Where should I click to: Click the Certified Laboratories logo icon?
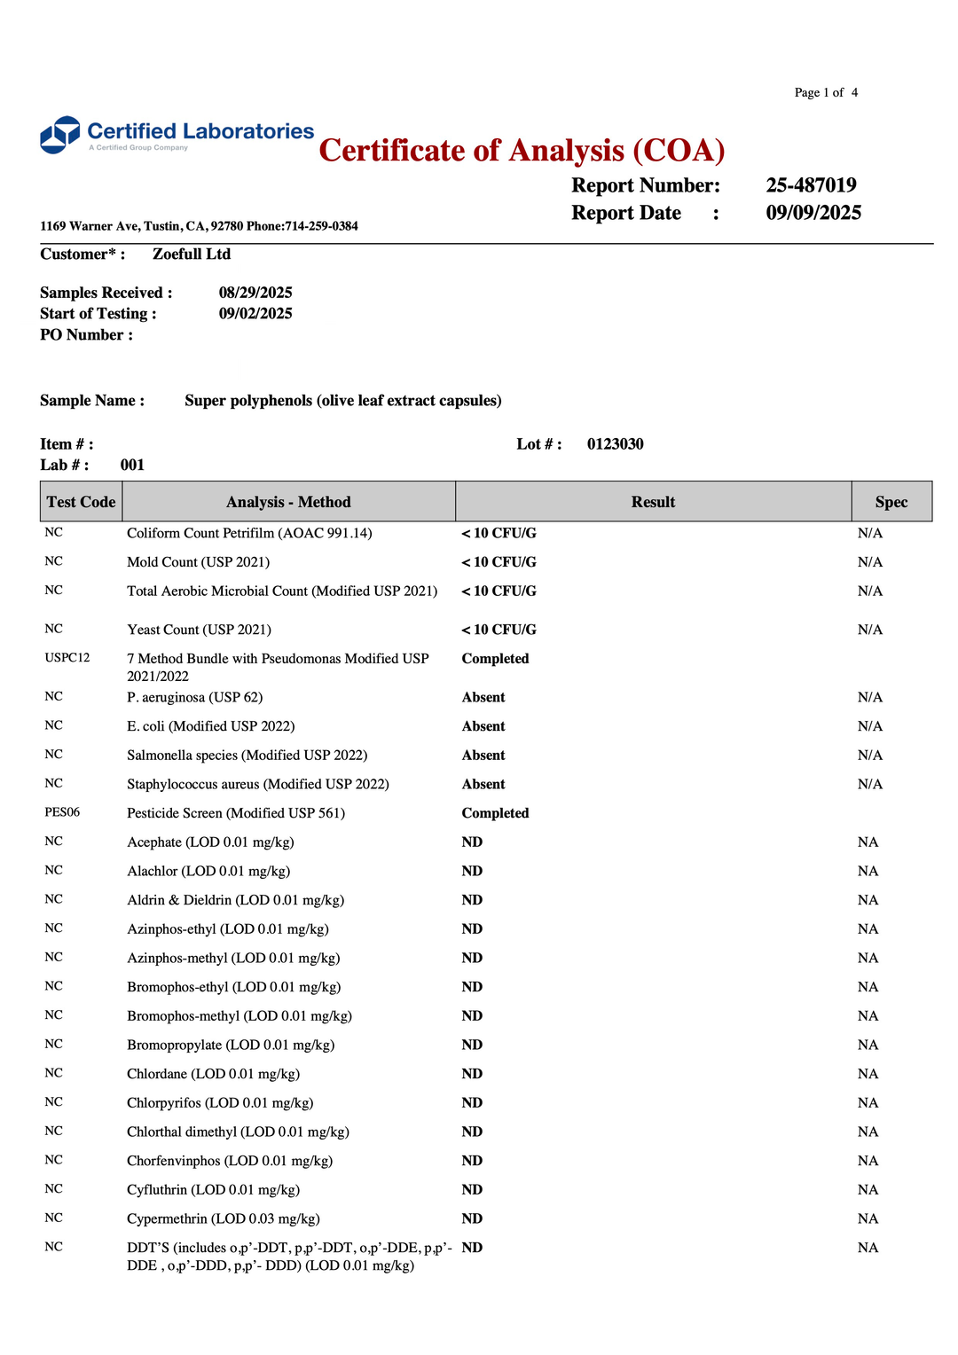60,135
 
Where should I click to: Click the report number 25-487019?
811,185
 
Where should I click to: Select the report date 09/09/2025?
813,213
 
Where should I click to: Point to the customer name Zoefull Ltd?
192,255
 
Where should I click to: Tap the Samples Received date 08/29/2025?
255,293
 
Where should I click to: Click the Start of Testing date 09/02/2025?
255,314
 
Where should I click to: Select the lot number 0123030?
615,444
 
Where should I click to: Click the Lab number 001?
132,466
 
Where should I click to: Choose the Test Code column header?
81,502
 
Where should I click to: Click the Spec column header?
891,502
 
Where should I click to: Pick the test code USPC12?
67,658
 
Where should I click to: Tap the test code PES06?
62,812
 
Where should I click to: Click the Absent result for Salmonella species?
483,756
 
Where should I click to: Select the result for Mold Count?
499,562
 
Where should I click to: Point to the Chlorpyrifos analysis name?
220,1103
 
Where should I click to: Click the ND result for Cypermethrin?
472,1218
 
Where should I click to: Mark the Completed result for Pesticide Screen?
495,813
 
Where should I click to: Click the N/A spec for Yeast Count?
869,630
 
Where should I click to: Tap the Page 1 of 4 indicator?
826,92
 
